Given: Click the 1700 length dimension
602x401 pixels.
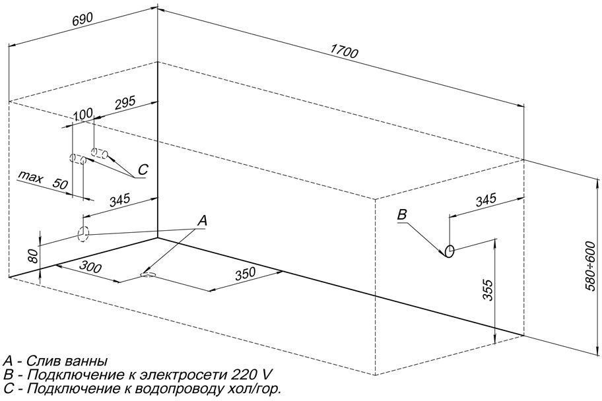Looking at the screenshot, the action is tap(344, 51).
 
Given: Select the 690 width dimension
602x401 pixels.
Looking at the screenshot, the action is tap(83, 20).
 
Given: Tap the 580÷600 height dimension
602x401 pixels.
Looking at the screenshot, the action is tap(591, 266).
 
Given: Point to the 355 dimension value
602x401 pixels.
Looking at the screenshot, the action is tap(488, 290).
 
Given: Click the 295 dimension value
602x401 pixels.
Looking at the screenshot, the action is tap(125, 103).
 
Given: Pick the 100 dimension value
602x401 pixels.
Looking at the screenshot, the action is tap(83, 114).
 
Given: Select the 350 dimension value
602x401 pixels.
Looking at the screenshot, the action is tap(246, 274).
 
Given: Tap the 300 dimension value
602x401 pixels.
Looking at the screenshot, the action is tap(90, 266).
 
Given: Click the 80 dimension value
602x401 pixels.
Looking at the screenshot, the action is tap(34, 256).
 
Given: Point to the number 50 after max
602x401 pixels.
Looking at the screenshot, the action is tap(60, 184).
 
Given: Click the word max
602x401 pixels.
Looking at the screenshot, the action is tap(31, 177).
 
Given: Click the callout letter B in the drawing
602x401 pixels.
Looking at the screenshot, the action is tap(401, 214).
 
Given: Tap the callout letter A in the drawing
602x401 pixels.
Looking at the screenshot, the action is tap(202, 221).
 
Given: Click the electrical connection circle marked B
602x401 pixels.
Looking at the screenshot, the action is tap(450, 251).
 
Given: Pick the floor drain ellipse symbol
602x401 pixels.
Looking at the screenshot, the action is tap(149, 274).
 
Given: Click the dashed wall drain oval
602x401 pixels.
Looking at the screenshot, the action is tap(83, 233).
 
